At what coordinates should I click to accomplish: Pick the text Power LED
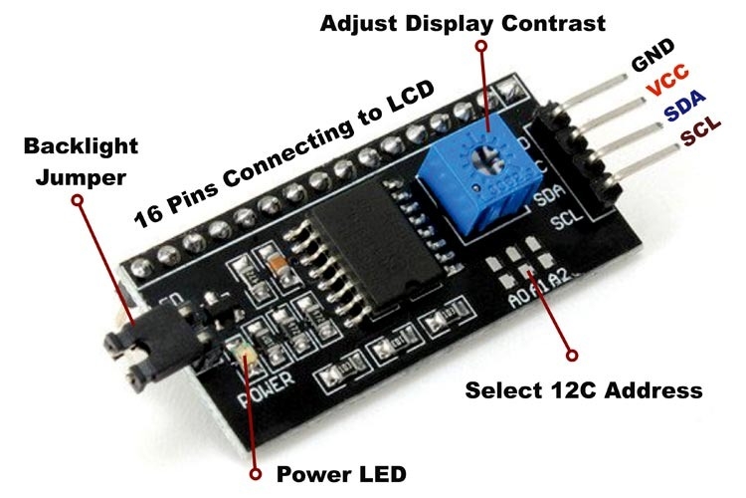click(341, 472)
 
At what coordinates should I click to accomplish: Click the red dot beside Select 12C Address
click(571, 353)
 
